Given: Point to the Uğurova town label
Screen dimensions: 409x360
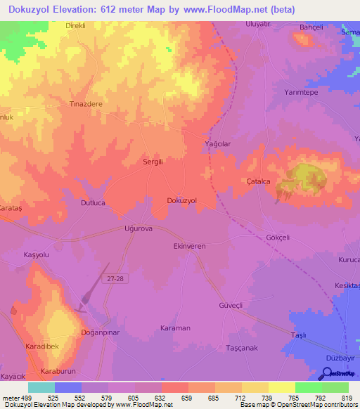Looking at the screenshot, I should pos(140,230).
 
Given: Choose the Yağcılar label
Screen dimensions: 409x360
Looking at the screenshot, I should pos(217,143).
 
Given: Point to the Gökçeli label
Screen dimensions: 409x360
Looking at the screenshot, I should pos(278,238).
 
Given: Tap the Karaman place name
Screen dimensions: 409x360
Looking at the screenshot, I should pos(175,328).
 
